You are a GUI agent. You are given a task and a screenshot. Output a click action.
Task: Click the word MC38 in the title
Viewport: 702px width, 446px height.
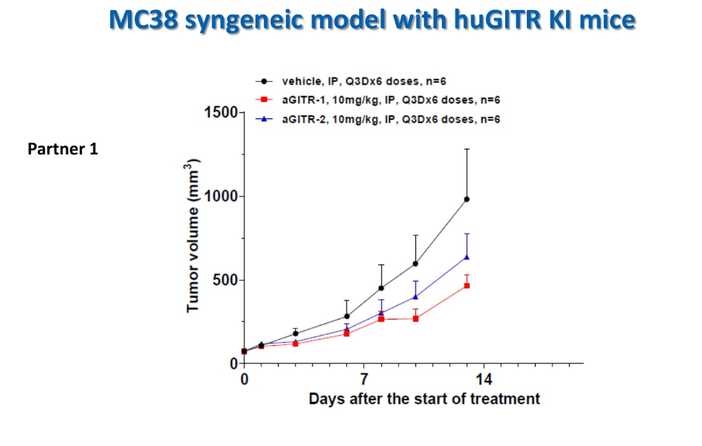[x=143, y=21]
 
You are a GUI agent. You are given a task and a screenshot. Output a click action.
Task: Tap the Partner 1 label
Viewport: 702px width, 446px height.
[x=63, y=149]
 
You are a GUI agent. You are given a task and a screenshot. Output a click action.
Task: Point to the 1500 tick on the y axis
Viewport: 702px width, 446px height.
[x=217, y=113]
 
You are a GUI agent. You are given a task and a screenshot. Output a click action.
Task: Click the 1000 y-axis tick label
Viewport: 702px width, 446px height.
[x=217, y=197]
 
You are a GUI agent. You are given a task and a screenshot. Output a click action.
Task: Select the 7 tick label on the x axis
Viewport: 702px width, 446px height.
[x=364, y=378]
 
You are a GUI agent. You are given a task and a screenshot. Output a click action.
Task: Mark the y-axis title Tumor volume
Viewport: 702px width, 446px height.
[x=193, y=236]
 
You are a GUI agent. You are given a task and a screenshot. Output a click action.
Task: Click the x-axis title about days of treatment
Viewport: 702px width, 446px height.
[x=425, y=399]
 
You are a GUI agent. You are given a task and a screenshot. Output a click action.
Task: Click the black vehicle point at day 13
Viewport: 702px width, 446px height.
[x=467, y=199]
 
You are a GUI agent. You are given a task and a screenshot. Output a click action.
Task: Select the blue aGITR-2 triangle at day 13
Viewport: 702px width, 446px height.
[x=467, y=257]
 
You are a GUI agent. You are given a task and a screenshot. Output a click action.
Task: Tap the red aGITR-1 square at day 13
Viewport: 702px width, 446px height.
[x=467, y=286]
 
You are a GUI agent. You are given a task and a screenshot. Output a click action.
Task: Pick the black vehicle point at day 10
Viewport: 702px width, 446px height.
[x=415, y=263]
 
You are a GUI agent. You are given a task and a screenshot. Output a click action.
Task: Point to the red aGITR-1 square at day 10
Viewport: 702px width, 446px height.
[x=415, y=318]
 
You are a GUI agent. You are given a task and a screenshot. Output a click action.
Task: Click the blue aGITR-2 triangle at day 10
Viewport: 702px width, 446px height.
[x=415, y=296]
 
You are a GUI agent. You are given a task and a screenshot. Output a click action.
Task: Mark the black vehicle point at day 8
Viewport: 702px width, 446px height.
[x=381, y=288]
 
